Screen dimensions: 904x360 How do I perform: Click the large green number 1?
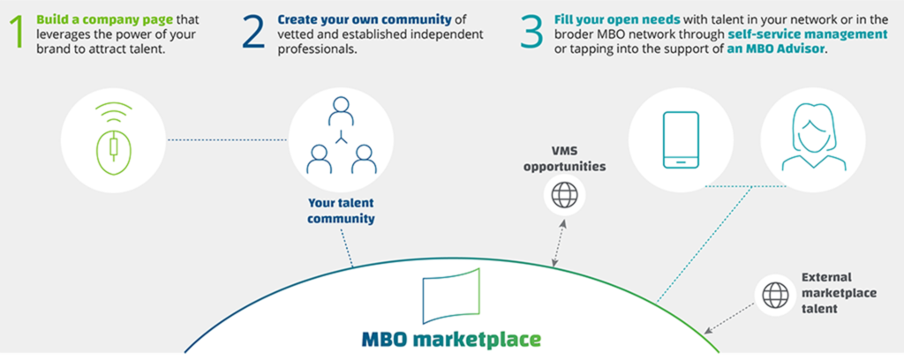pyautogui.click(x=18, y=34)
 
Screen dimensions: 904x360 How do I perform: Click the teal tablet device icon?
pyautogui.click(x=681, y=140)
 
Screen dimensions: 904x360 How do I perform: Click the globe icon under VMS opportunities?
pyautogui.click(x=564, y=195)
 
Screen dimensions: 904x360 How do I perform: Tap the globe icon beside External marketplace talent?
pyautogui.click(x=775, y=296)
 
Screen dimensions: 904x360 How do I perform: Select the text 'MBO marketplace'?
pyautogui.click(x=451, y=339)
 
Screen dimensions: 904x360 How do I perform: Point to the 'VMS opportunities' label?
pyautogui.click(x=564, y=160)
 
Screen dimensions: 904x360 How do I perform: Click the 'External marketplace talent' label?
pyautogui.click(x=839, y=293)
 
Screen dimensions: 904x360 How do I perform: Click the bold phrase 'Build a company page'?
pyautogui.click(x=106, y=19)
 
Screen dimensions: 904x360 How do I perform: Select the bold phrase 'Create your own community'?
pyautogui.click(x=364, y=19)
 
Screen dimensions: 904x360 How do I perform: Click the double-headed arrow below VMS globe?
pyautogui.click(x=558, y=243)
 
